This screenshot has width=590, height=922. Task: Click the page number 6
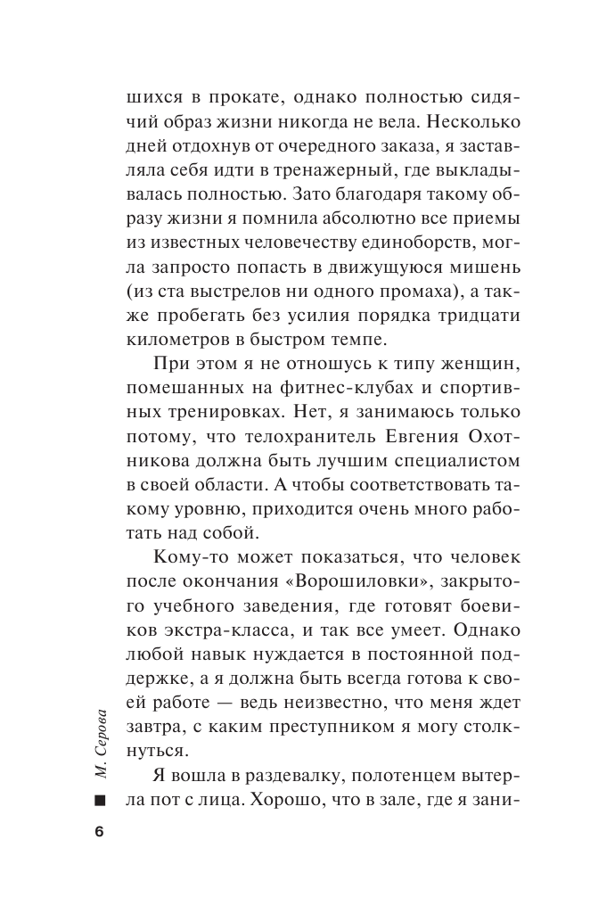[99, 831]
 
